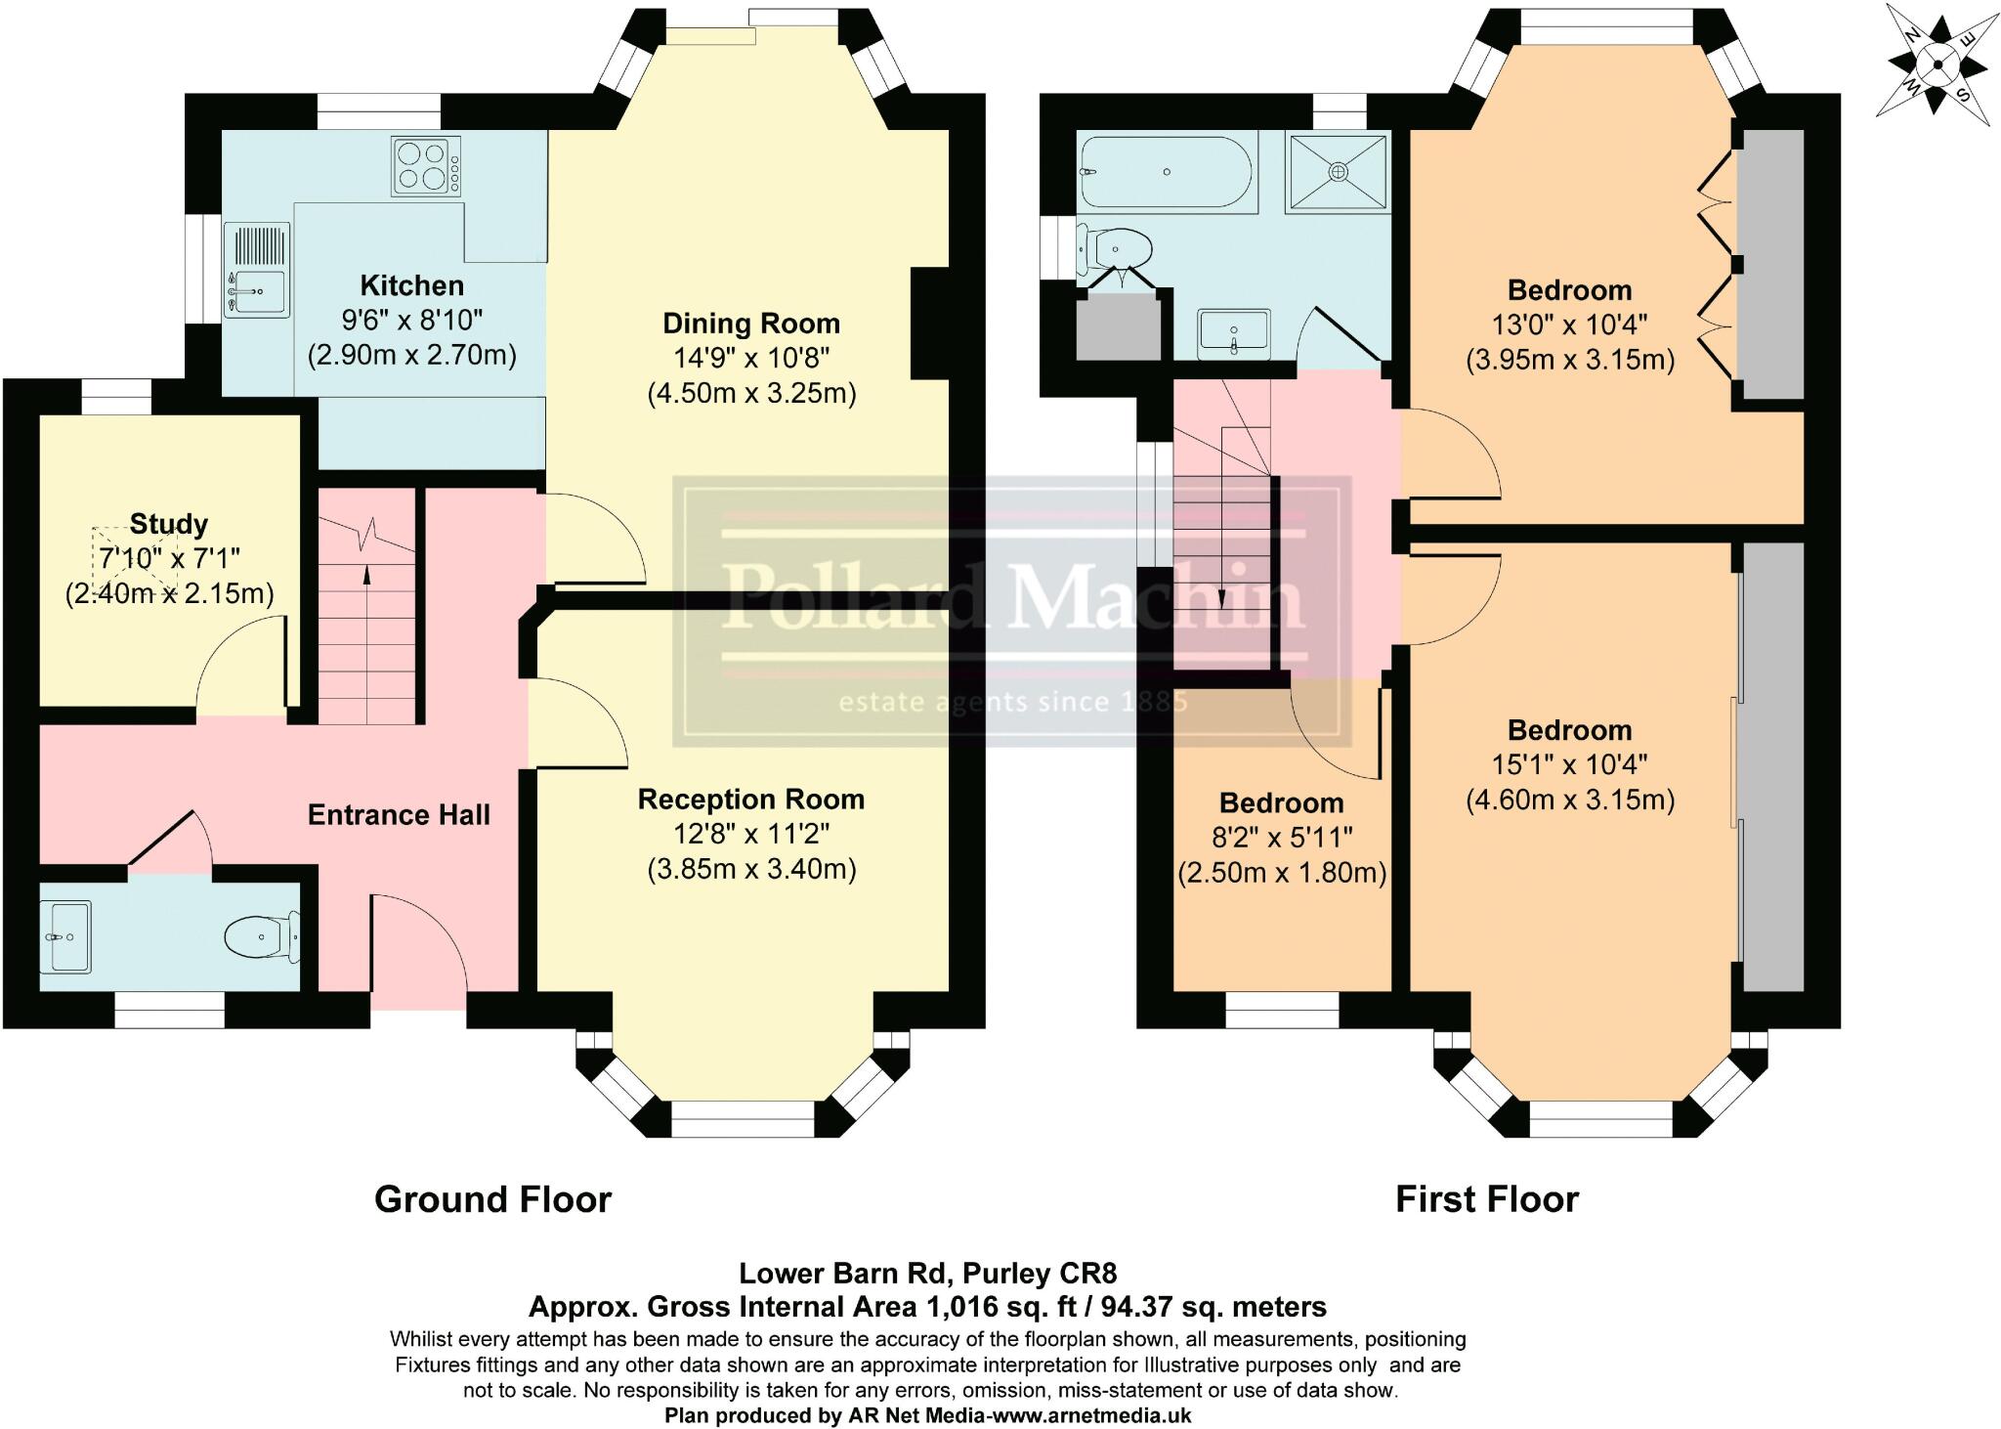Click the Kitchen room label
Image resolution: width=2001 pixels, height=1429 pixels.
(411, 285)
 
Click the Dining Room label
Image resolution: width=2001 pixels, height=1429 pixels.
(750, 324)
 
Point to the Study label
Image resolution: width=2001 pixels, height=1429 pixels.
(168, 524)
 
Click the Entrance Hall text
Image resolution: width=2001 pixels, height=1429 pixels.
(399, 815)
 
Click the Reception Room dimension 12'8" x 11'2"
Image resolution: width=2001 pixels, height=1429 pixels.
(750, 834)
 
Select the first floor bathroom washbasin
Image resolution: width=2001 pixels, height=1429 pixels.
(1234, 334)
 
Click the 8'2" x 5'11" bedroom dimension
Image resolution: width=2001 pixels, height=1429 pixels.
(1281, 838)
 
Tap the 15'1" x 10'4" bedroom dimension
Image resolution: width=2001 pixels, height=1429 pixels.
(1569, 764)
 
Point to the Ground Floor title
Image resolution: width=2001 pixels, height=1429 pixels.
(492, 1199)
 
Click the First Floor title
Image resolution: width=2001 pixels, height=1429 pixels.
(1486, 1199)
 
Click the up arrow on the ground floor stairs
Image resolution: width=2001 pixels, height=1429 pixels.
(367, 577)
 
